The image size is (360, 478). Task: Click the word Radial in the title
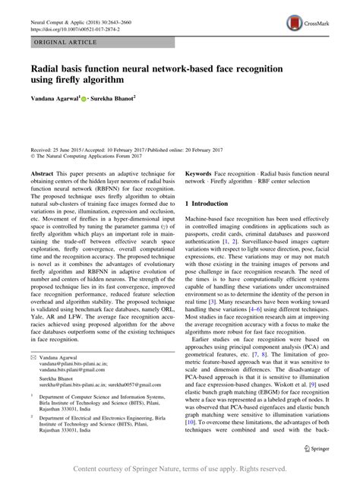[x=48, y=68]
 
